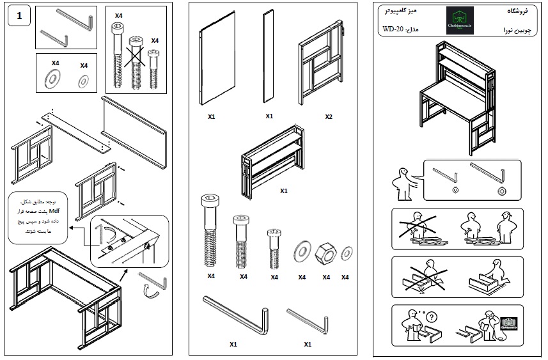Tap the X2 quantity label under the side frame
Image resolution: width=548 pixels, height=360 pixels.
[328, 117]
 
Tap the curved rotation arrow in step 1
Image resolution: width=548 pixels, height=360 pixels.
[152, 292]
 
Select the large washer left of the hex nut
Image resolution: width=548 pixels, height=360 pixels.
[302, 250]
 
